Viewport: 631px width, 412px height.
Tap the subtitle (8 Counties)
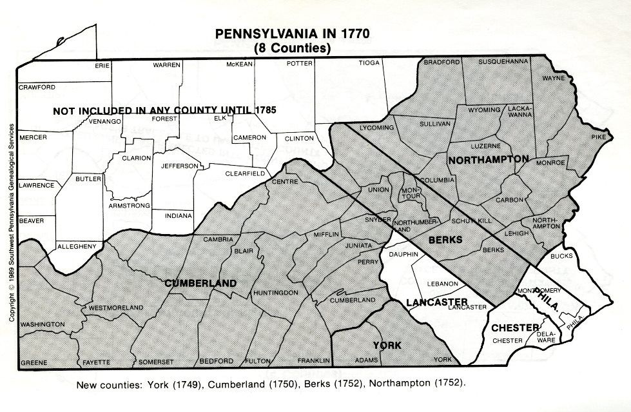[x=292, y=48]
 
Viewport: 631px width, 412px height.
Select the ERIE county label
[x=102, y=66]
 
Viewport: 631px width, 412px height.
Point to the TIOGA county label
[x=369, y=63]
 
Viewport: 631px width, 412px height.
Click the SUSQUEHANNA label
[x=503, y=61]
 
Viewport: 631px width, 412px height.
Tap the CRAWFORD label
[x=37, y=87]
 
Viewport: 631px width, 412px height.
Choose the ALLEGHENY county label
[x=77, y=246]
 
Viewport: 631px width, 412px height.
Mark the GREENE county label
[x=34, y=362]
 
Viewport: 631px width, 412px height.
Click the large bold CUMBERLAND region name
[x=200, y=283]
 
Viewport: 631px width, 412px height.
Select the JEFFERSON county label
[x=180, y=166]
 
